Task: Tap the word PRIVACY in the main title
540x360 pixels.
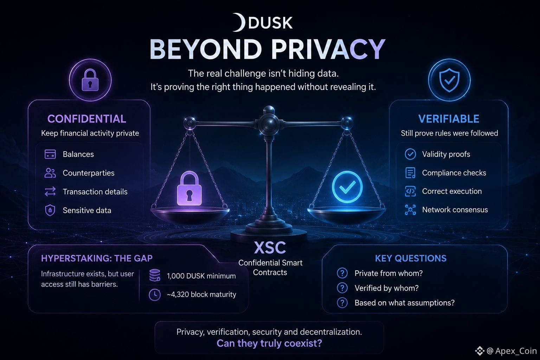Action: click(328, 50)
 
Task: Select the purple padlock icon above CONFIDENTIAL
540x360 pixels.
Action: click(90, 80)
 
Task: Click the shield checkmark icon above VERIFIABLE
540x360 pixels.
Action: click(449, 80)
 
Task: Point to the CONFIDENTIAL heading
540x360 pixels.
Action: click(87, 118)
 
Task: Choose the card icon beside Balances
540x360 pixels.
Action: click(50, 154)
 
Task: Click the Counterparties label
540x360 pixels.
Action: click(89, 173)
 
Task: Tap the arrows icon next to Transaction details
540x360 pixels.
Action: click(50, 192)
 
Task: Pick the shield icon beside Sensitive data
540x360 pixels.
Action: click(50, 210)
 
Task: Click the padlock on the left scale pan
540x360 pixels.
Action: click(189, 188)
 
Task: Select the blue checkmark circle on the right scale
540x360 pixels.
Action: click(347, 187)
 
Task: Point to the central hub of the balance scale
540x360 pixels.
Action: click(269, 124)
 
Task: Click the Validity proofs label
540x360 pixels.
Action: click(446, 154)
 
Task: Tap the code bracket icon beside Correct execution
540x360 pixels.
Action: click(410, 192)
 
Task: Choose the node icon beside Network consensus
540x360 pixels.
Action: click(410, 210)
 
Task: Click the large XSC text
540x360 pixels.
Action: click(270, 247)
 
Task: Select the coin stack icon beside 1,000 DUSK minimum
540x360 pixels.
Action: click(155, 275)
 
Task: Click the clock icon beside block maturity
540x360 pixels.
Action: click(155, 294)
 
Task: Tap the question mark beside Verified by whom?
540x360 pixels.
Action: click(342, 288)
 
